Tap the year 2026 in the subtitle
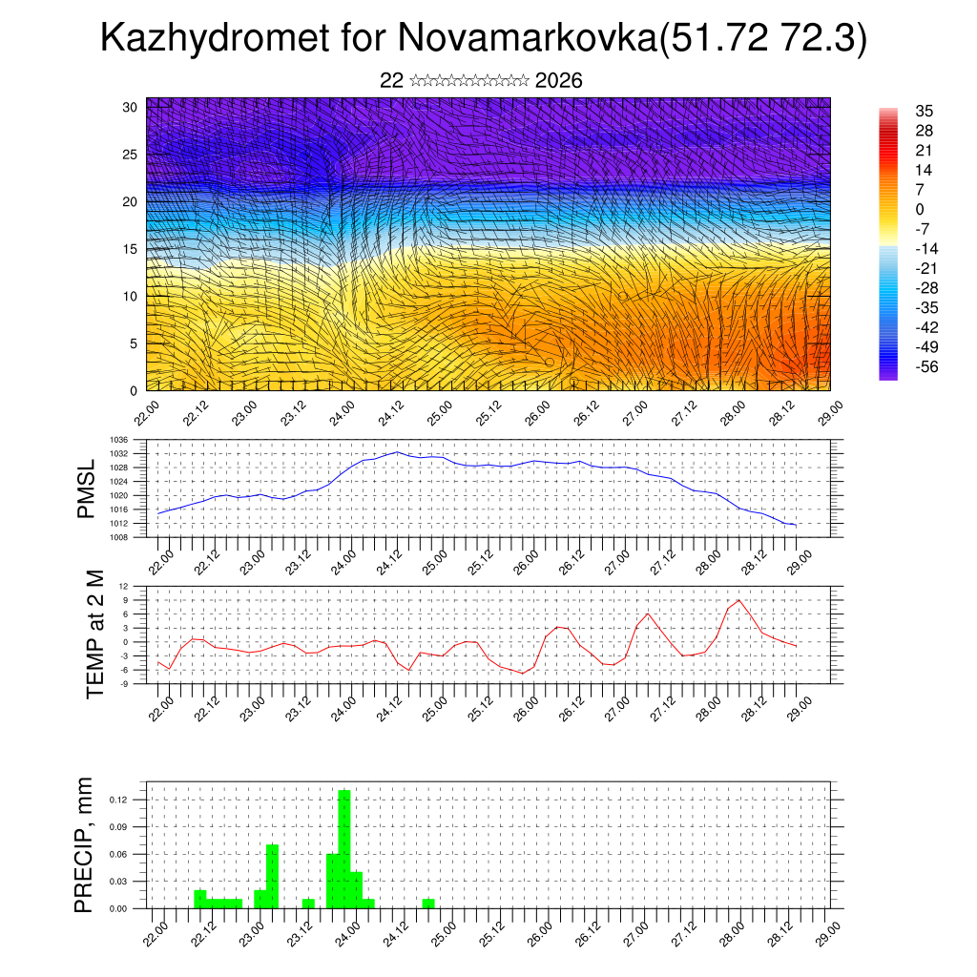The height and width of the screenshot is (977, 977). pos(559,81)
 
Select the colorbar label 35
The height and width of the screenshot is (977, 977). pos(924,111)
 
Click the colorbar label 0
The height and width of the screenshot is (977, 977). pos(920,210)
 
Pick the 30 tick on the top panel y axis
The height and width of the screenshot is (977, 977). pos(131,107)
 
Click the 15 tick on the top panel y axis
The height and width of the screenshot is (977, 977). pos(131,249)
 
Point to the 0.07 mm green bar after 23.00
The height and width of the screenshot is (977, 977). pos(272,876)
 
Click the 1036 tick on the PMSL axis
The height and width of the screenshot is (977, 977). pos(133,440)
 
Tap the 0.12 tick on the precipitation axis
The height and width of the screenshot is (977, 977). pos(132,800)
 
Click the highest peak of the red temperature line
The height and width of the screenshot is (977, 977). pos(739,600)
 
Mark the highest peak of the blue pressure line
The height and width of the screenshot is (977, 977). pos(397,452)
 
